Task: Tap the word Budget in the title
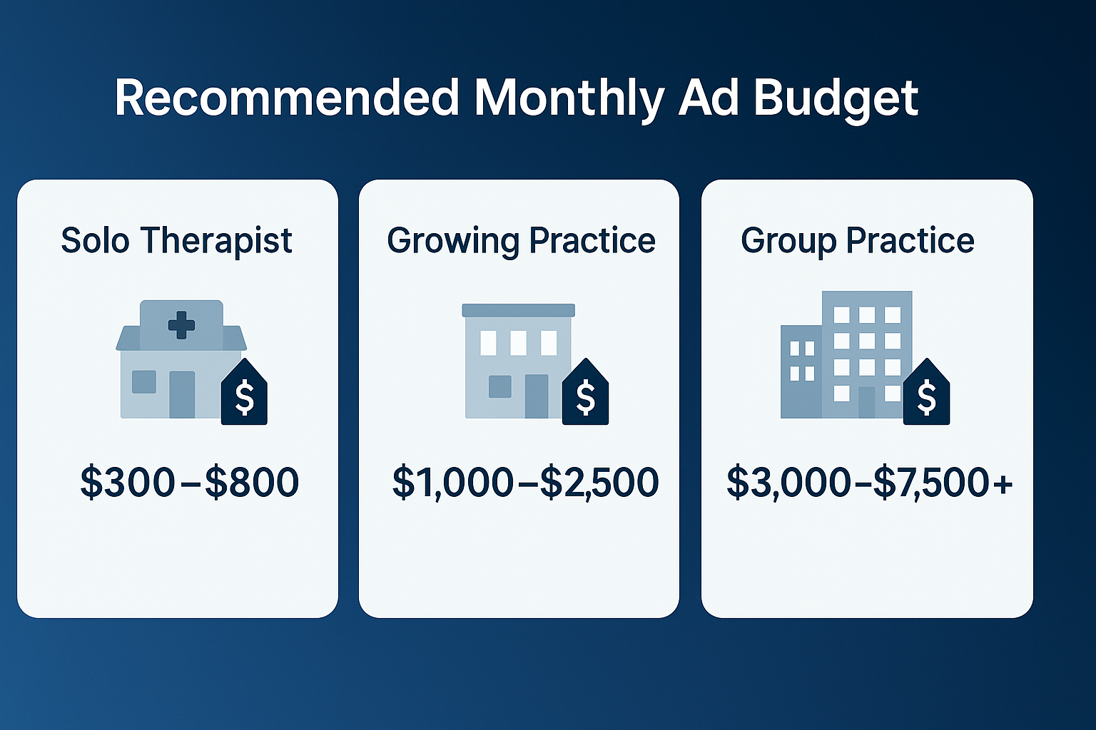pyautogui.click(x=836, y=98)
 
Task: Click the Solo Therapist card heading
pyautogui.click(x=176, y=240)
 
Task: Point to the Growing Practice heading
pyautogui.click(x=521, y=240)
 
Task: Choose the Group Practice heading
pyautogui.click(x=857, y=240)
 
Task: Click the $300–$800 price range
pyautogui.click(x=189, y=482)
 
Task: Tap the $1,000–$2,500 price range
pyautogui.click(x=525, y=482)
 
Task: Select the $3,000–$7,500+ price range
pyautogui.click(x=869, y=482)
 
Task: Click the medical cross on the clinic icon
pyautogui.click(x=181, y=324)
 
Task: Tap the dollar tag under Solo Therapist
pyautogui.click(x=244, y=396)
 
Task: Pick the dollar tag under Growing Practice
pyautogui.click(x=585, y=396)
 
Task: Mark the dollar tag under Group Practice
pyautogui.click(x=926, y=396)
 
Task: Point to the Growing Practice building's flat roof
pyautogui.click(x=518, y=310)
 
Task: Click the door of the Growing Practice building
pyautogui.click(x=537, y=396)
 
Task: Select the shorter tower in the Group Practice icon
pyautogui.click(x=801, y=371)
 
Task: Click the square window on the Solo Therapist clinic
pyautogui.click(x=144, y=382)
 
